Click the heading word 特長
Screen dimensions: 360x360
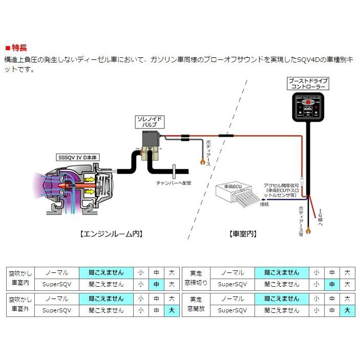[x=19, y=50]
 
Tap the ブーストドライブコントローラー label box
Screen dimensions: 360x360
[x=308, y=84]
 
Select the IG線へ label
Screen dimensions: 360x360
[x=320, y=219]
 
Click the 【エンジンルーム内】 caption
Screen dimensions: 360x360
[x=111, y=234]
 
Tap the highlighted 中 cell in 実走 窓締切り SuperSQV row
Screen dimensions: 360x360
[x=332, y=284]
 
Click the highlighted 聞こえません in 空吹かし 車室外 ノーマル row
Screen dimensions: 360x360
[x=106, y=298]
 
